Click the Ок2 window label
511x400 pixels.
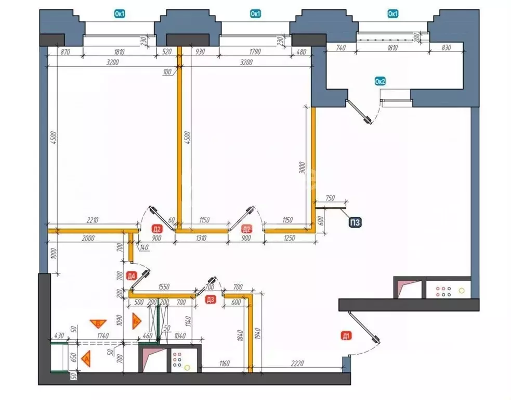[380, 81]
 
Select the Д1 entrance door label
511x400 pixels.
[345, 335]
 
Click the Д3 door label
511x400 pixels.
[210, 299]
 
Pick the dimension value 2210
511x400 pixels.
[92, 221]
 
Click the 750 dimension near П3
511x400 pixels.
[330, 198]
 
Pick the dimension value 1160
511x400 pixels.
[224, 362]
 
